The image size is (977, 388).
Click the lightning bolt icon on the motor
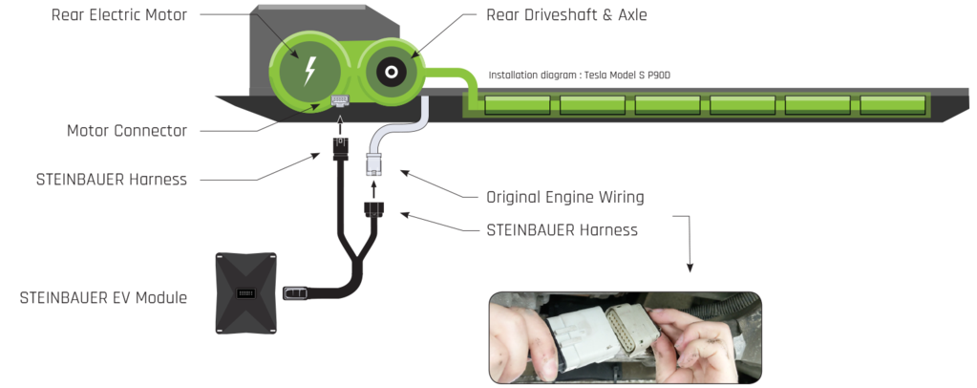308,72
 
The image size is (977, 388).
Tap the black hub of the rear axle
389,73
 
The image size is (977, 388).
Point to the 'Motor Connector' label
126,130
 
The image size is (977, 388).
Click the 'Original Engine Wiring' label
565,198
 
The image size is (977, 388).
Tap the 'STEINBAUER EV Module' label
103,297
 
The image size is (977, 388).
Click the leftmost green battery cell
516,104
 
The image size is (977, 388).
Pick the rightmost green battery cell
892,104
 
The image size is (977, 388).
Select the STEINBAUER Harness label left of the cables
111,179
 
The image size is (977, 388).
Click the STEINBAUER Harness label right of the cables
562,230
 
